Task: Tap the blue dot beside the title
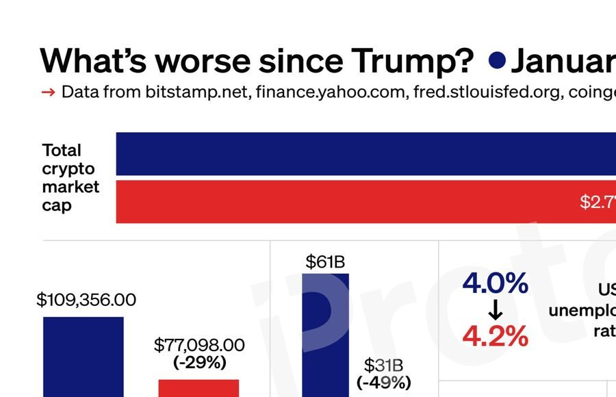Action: tap(498, 61)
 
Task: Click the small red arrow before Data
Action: tap(48, 92)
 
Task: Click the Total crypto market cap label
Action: tap(70, 177)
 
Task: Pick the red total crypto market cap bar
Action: tap(342, 202)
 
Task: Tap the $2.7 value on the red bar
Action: tap(597, 202)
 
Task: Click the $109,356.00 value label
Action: tap(86, 300)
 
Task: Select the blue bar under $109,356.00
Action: tap(84, 356)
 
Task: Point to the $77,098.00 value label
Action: tap(199, 344)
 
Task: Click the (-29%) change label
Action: tap(199, 362)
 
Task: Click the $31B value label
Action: tap(383, 365)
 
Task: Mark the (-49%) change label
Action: tap(383, 382)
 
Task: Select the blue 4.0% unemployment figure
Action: tap(496, 283)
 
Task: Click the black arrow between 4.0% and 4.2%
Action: tap(496, 311)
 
